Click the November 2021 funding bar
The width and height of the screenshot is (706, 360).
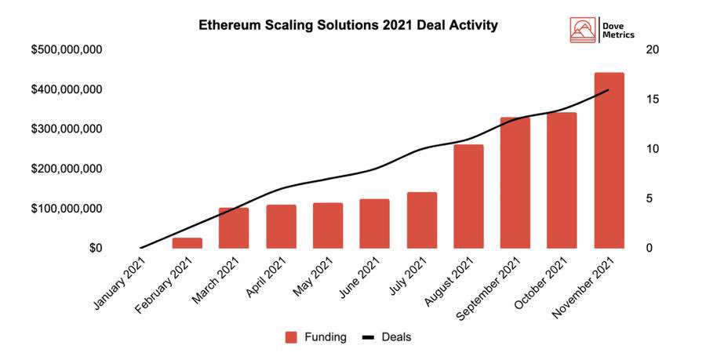point(609,161)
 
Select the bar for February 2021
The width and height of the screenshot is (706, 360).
point(187,243)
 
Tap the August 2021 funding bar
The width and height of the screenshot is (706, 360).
point(468,196)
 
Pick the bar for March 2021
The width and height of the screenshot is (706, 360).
point(234,227)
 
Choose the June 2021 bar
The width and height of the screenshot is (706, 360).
point(374,224)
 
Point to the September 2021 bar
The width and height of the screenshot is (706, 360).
point(515,183)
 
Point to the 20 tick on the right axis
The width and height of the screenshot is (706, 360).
point(651,50)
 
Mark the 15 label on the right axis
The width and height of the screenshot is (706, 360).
point(651,100)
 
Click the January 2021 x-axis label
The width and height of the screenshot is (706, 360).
point(119,279)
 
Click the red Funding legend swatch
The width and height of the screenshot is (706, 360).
point(291,337)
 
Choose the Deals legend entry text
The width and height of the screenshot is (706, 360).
point(396,337)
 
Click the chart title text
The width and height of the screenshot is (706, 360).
point(348,25)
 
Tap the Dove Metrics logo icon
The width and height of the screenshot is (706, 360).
point(583,29)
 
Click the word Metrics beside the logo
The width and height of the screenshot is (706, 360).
point(620,35)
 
